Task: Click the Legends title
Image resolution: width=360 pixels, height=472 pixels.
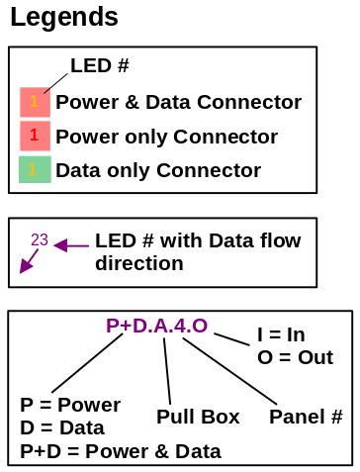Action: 64,17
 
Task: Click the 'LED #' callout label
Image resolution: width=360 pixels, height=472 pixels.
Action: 100,66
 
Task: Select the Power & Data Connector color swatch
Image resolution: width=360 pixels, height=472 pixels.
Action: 34,102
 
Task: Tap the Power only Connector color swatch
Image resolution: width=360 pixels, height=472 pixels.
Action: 34,136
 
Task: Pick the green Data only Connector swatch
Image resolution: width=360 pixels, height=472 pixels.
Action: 34,169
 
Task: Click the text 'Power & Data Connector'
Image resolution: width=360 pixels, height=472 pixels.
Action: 178,102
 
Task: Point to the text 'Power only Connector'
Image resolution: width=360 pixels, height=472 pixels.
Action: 166,136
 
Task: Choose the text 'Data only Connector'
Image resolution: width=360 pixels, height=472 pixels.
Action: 157,169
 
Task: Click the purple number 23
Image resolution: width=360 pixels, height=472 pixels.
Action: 40,239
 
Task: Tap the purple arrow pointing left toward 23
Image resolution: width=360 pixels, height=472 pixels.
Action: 71,244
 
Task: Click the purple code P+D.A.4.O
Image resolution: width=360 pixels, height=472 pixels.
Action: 156,326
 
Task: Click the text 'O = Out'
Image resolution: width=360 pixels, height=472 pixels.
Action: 295,357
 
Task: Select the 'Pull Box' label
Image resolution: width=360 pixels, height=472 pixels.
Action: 198,417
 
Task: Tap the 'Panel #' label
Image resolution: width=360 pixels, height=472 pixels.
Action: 306,417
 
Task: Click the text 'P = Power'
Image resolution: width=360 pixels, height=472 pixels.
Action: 70,405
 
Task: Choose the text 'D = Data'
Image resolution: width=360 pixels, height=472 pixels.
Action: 62,428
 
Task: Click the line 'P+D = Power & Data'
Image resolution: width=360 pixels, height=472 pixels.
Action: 120,452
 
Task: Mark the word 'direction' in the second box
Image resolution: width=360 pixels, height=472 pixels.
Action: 138,264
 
